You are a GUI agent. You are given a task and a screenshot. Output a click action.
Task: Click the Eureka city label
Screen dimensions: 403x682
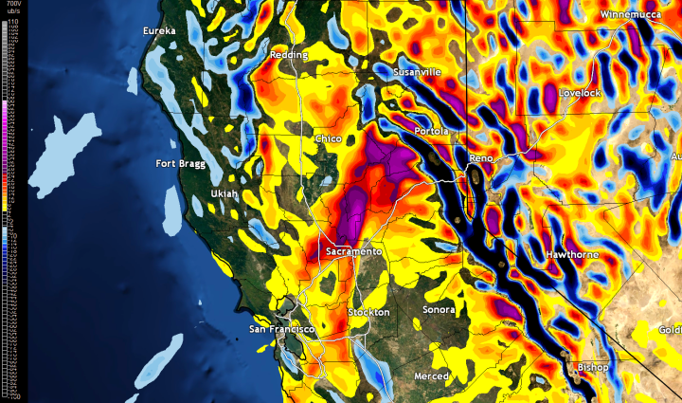tap(159, 31)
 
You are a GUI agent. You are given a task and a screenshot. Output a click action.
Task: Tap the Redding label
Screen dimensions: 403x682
tap(289, 55)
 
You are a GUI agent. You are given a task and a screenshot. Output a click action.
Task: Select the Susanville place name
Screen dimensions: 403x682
tap(418, 71)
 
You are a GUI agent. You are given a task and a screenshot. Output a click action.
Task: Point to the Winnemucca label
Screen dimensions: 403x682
tap(635, 16)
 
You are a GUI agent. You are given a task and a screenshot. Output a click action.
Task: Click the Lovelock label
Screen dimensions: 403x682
tap(581, 93)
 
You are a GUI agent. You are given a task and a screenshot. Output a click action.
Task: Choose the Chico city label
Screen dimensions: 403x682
tap(328, 139)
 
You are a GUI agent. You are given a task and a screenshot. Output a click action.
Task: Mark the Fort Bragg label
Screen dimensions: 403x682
tap(182, 164)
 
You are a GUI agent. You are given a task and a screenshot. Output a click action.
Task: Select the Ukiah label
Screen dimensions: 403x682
tap(224, 193)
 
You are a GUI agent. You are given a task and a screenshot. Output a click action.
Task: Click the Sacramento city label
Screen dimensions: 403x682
tap(353, 252)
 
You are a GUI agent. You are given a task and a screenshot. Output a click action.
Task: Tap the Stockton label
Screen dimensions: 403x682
tap(368, 312)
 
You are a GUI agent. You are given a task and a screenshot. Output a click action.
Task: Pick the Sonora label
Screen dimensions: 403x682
tap(439, 310)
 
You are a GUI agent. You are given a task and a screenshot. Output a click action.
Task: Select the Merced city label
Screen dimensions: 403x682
tap(433, 376)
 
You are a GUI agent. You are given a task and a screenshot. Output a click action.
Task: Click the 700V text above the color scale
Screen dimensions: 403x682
tap(13, 5)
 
